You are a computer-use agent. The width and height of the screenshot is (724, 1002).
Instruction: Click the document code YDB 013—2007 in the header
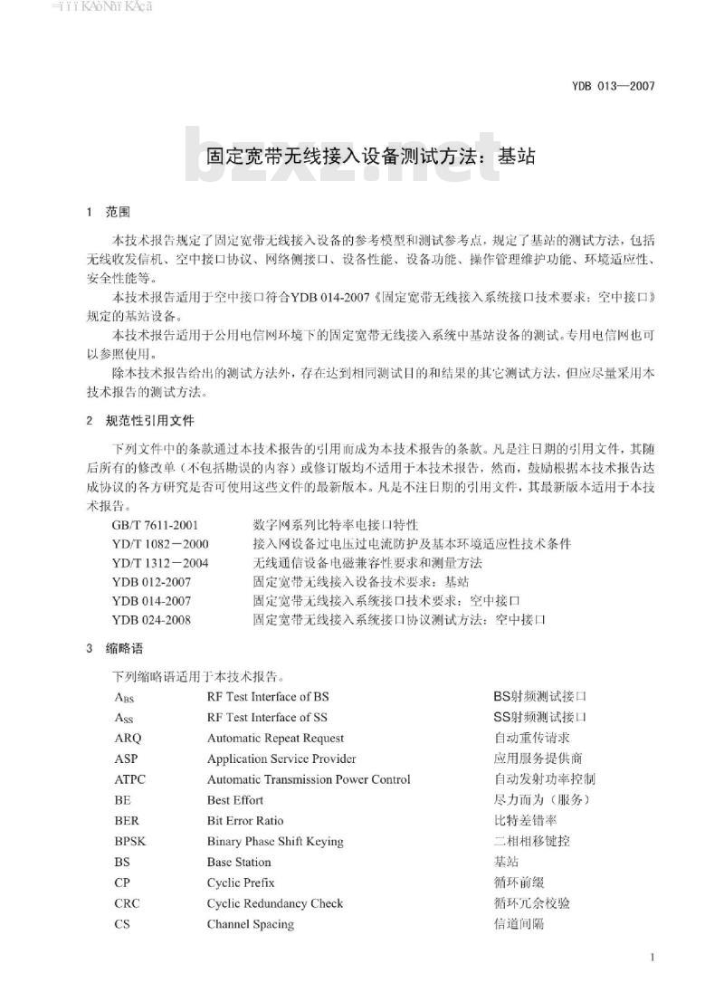coord(613,87)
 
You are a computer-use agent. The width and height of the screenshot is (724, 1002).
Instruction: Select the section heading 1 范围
coord(109,213)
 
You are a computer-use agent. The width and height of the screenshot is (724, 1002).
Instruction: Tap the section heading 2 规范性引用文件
coord(139,421)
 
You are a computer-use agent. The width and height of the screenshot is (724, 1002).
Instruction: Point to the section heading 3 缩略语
coord(115,649)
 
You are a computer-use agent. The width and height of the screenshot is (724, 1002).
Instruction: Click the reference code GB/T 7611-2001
coord(156,525)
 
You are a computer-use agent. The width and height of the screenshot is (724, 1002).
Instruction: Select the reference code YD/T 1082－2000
coord(161,544)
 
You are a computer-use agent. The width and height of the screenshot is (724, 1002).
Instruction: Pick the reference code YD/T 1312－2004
coord(161,563)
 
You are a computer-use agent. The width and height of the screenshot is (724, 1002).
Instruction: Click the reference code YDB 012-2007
coord(152,582)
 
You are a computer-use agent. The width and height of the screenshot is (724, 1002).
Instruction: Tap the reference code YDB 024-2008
coord(152,620)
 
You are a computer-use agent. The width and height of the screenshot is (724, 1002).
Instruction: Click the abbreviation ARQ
coord(129,739)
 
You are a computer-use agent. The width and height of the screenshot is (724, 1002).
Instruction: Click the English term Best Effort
coord(235,800)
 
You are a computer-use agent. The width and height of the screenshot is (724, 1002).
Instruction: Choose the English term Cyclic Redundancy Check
coord(275,903)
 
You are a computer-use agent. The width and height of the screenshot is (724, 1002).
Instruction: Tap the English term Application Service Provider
coord(281,759)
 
